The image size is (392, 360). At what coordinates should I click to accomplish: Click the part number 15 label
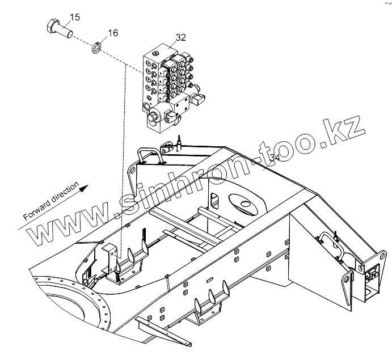pos(75,18)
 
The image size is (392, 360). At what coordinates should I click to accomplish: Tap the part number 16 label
pos(113,33)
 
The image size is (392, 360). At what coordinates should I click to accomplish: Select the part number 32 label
pos(181,38)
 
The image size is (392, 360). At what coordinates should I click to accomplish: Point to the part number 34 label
pos(275,157)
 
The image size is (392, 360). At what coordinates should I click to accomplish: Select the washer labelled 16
pos(97,45)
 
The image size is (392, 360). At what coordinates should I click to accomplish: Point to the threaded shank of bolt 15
pos(66,30)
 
